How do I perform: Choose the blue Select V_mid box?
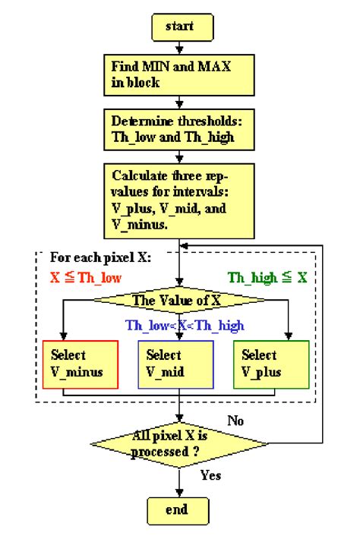tap(176, 364)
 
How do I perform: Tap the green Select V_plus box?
tap(270, 364)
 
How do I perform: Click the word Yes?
tap(210, 475)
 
